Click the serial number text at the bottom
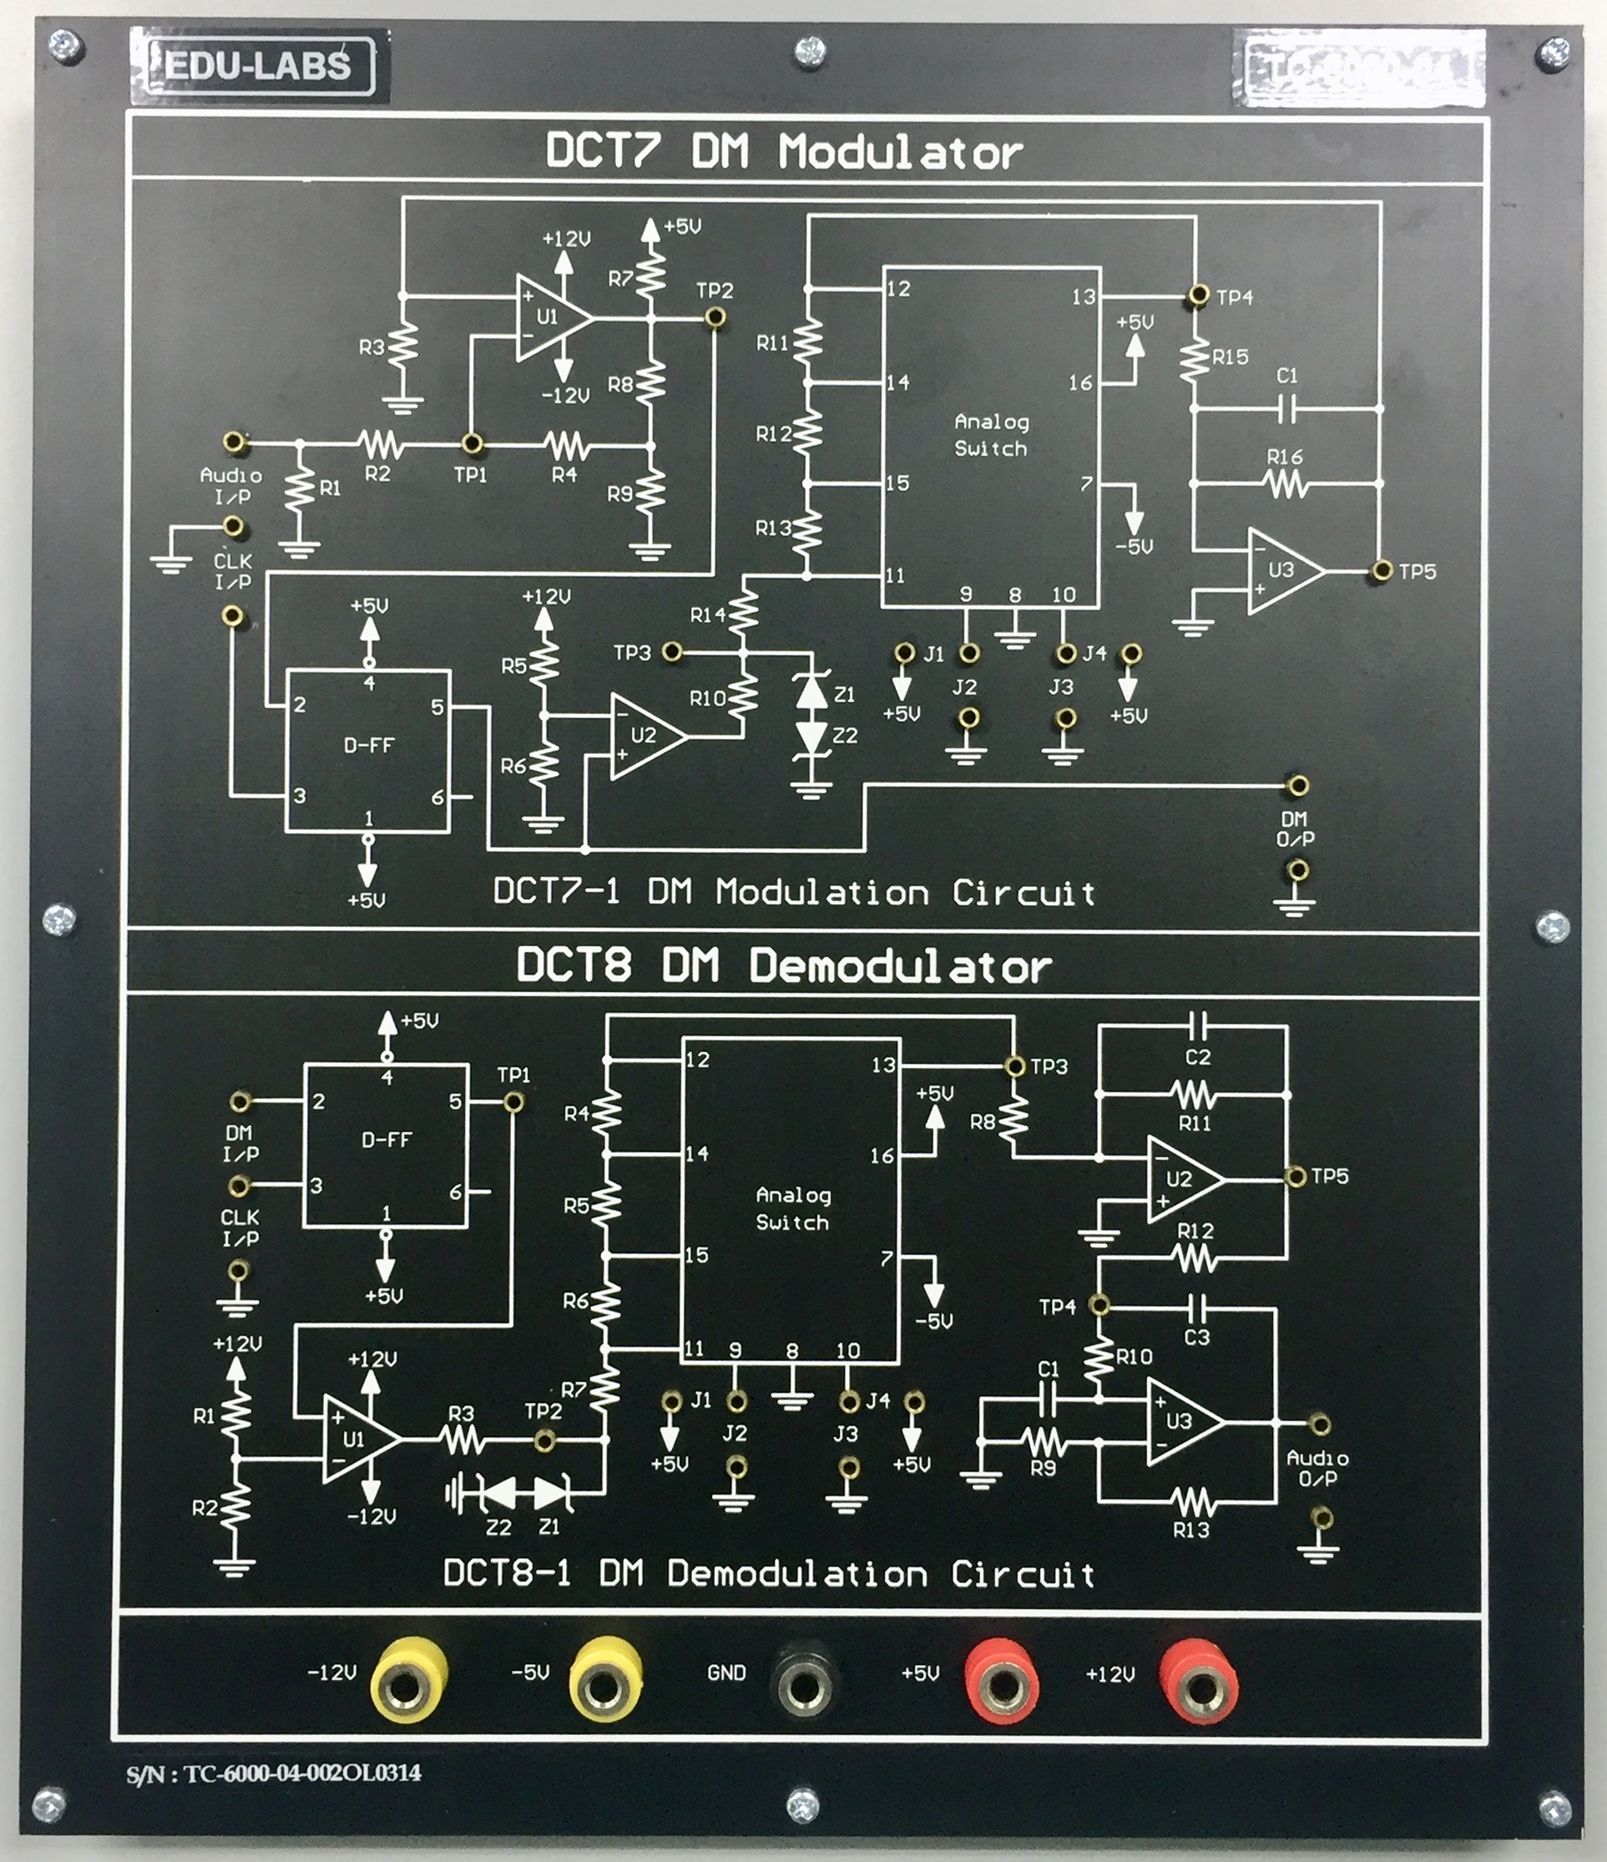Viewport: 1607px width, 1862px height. tap(273, 1773)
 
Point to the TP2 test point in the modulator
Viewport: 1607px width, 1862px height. tap(715, 317)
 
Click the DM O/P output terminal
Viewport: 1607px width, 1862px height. tap(1296, 787)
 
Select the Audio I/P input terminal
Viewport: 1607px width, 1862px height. tap(235, 443)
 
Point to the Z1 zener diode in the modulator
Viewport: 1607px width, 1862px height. tap(812, 692)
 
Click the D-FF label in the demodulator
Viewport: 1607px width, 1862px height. tap(387, 1140)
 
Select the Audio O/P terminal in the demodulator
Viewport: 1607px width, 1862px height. tap(1319, 1424)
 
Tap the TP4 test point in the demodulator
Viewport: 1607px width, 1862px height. tap(1099, 1304)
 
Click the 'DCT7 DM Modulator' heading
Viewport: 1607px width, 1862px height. tap(783, 151)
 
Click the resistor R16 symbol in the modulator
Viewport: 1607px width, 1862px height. tap(1286, 484)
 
